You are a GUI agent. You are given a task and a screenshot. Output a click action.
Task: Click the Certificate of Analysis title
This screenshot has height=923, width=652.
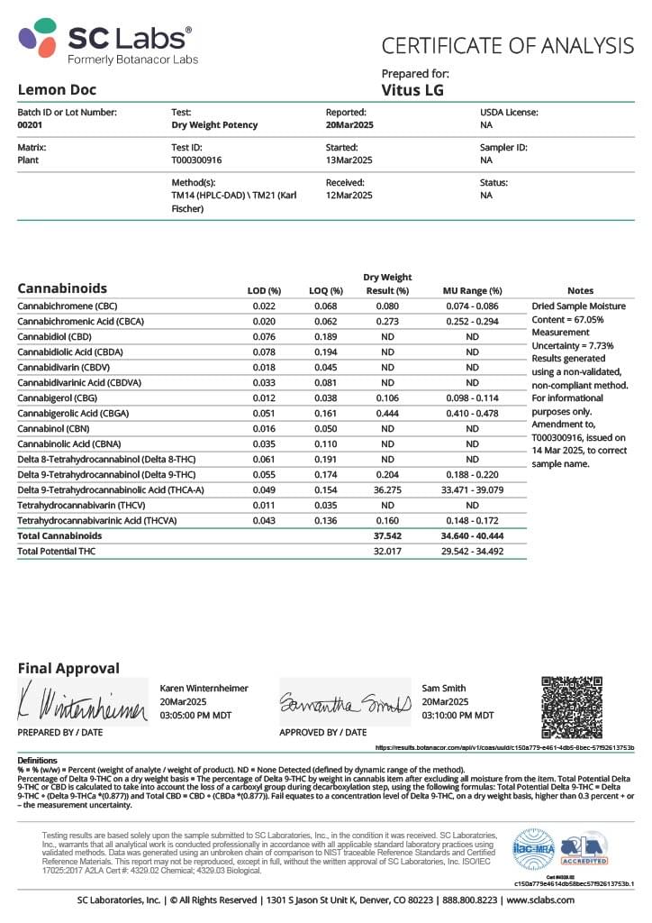click(507, 45)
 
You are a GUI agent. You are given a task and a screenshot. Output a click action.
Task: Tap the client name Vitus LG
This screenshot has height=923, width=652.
click(412, 89)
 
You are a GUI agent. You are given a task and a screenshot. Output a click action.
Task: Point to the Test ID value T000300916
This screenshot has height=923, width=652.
click(196, 160)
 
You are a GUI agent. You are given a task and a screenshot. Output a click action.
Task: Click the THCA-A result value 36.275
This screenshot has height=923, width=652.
click(387, 489)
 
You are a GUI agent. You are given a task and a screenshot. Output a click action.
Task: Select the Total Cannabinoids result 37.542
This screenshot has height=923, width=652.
click(387, 535)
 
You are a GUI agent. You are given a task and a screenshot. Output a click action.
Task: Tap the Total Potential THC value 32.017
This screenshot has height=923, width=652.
click(387, 551)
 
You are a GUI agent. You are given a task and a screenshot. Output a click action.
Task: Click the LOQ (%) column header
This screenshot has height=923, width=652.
click(327, 290)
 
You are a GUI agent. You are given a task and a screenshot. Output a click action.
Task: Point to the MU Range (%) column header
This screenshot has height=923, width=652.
click(472, 290)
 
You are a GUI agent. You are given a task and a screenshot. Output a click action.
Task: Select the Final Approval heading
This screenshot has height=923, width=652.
click(68, 668)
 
